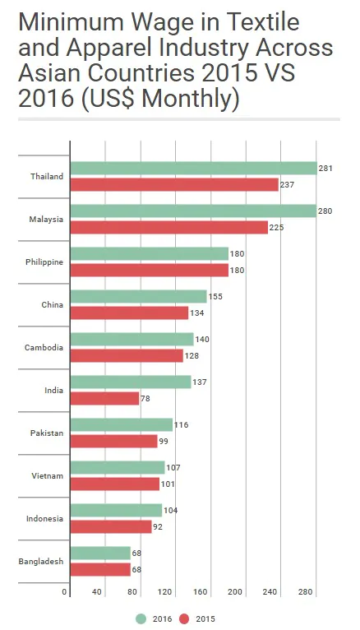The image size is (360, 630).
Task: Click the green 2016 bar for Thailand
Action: (193, 169)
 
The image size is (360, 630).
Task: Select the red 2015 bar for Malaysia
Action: (169, 228)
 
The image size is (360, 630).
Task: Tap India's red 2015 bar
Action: (104, 399)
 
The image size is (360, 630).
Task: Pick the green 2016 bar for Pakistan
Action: (121, 424)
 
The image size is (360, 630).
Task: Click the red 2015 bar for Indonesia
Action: (111, 526)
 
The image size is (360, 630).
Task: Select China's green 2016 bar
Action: (138, 297)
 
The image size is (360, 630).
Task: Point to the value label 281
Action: (325, 169)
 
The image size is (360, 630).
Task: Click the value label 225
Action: (276, 228)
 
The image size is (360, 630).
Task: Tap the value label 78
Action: (145, 399)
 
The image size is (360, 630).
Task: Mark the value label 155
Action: (215, 297)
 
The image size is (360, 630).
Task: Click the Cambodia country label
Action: (44, 348)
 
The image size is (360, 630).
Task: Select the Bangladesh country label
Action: (41, 561)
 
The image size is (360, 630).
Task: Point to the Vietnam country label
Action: (48, 475)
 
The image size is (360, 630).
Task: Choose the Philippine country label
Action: (44, 262)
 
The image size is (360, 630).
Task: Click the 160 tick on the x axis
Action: (201, 592)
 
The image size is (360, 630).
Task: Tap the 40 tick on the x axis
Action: (97, 592)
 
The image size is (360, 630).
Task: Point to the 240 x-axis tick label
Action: (270, 592)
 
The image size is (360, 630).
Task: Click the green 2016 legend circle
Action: (141, 618)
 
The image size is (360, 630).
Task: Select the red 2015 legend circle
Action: (184, 618)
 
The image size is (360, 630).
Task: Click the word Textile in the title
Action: (261, 21)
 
